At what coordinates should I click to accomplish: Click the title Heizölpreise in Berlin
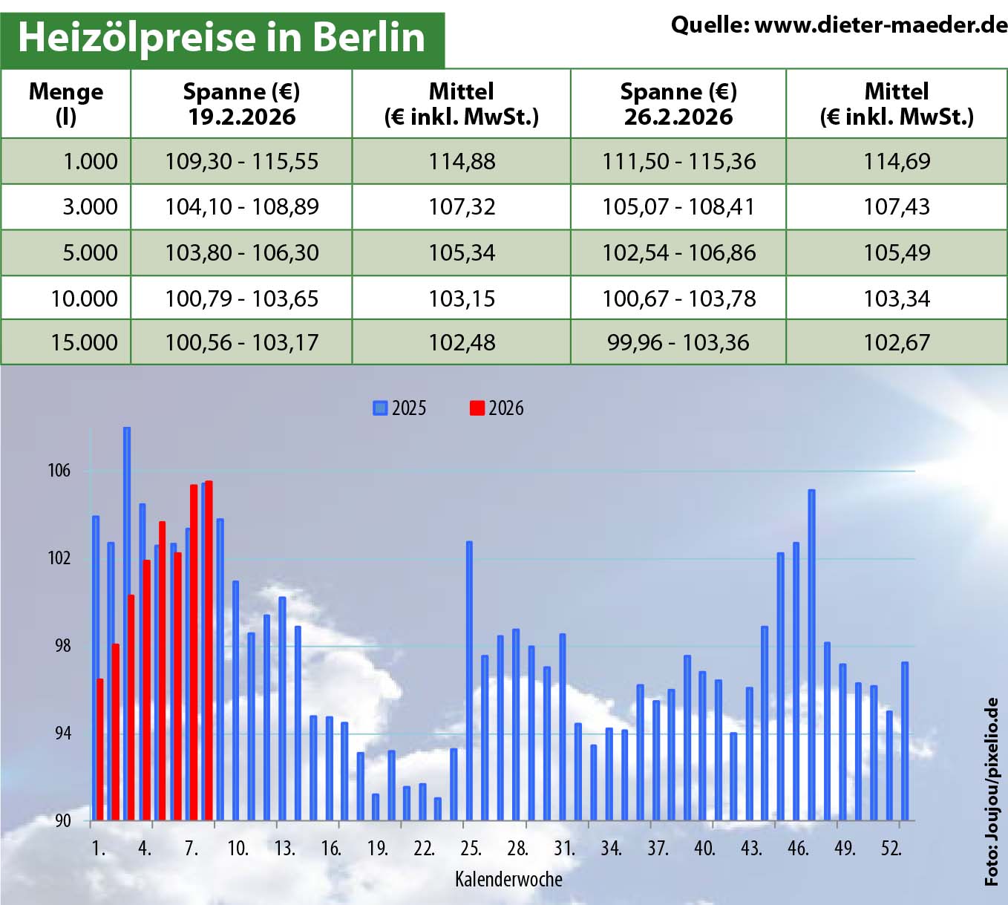221,37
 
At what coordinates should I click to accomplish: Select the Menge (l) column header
66,104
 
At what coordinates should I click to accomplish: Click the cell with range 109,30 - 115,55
241,161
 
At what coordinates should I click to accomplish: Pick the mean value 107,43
896,206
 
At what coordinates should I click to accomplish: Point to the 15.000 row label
84,342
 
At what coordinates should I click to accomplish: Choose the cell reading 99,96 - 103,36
678,342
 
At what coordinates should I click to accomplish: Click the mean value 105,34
462,252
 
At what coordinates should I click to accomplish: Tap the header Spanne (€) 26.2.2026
678,104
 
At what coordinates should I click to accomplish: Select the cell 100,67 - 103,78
678,298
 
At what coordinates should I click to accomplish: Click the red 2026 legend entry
497,408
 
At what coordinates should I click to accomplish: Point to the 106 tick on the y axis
59,471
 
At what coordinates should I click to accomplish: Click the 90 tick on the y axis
62,820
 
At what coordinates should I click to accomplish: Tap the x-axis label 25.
471,849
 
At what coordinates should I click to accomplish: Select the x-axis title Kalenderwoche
508,880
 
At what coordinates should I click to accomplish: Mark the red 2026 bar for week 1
100,750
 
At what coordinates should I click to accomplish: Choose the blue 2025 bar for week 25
469,681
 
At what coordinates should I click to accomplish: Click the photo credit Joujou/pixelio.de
992,791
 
